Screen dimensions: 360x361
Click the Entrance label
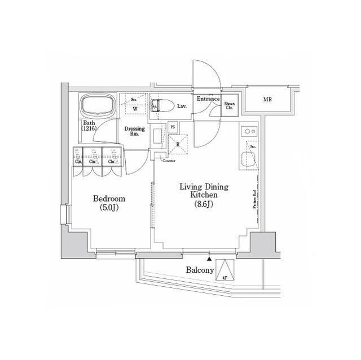coord(208,99)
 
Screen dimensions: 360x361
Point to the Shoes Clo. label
coord(230,105)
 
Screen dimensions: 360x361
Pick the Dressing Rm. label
coord(135,131)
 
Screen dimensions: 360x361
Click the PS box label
coord(173,127)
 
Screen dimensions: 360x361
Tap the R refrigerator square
coord(178,144)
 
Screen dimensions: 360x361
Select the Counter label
coord(169,161)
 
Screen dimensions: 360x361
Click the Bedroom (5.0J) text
coord(109,204)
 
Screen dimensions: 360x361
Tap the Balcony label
coord(200,271)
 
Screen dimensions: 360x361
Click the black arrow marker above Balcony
coord(210,260)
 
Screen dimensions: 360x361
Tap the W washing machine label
coord(135,109)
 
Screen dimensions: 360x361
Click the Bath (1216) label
coord(89,126)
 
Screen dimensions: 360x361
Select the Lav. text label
coord(182,106)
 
